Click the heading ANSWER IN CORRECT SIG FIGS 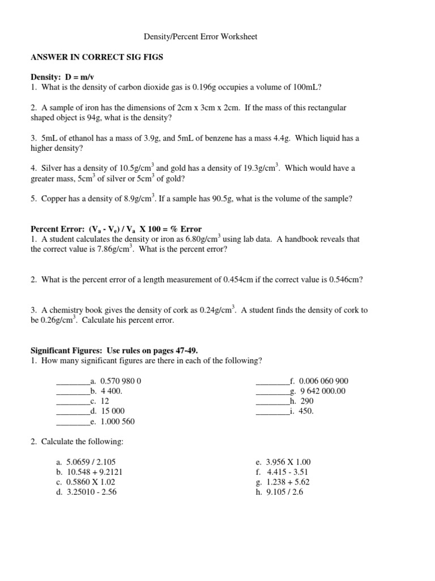click(x=95, y=57)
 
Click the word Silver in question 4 click(x=52, y=169)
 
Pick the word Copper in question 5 click(x=54, y=199)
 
